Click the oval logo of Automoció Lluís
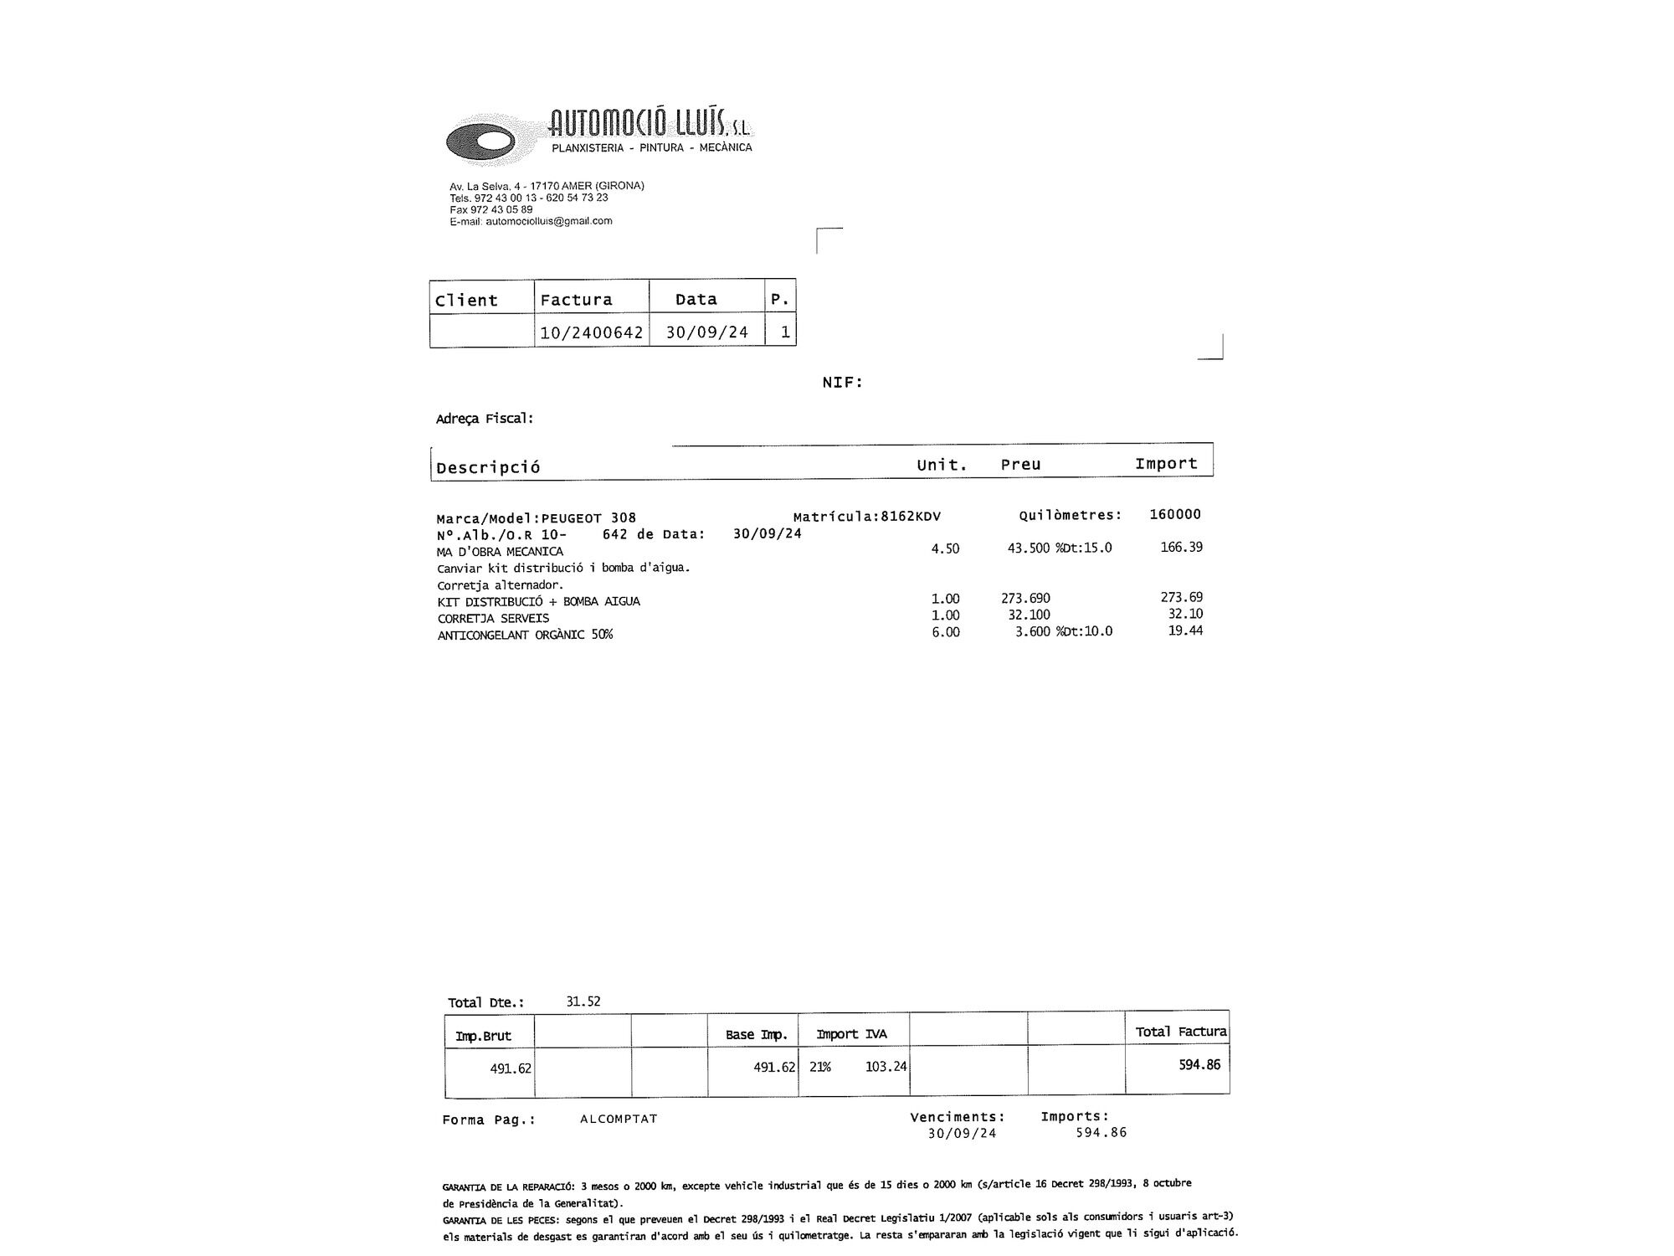point(480,141)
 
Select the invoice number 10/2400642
point(591,332)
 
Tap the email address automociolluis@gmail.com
point(548,221)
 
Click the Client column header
point(466,300)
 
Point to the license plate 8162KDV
point(911,516)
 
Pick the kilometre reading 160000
point(1174,514)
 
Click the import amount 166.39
point(1181,547)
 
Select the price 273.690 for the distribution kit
point(1025,598)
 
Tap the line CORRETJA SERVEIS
point(493,618)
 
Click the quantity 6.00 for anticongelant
point(946,632)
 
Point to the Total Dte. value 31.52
point(583,1001)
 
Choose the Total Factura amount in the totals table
point(1199,1065)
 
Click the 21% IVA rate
point(820,1067)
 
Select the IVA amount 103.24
point(886,1067)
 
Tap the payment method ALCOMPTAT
point(619,1119)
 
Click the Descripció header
point(488,467)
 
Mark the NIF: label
point(842,383)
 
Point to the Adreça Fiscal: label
point(485,418)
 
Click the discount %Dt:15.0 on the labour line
point(1084,548)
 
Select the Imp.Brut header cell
point(483,1036)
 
